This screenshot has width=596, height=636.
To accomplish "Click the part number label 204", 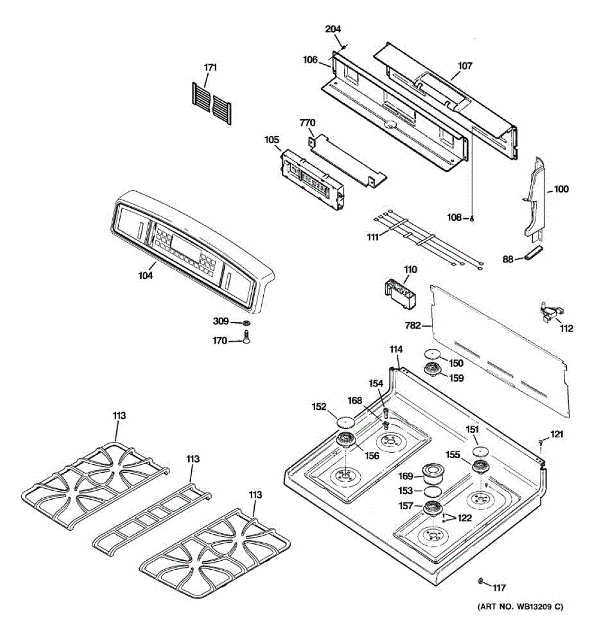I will [x=333, y=29].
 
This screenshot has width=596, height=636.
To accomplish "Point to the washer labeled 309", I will [x=246, y=322].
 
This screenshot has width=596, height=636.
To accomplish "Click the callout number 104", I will [x=146, y=276].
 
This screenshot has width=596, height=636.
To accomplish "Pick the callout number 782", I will [x=413, y=325].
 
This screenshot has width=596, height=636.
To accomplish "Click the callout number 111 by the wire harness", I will [x=373, y=237].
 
